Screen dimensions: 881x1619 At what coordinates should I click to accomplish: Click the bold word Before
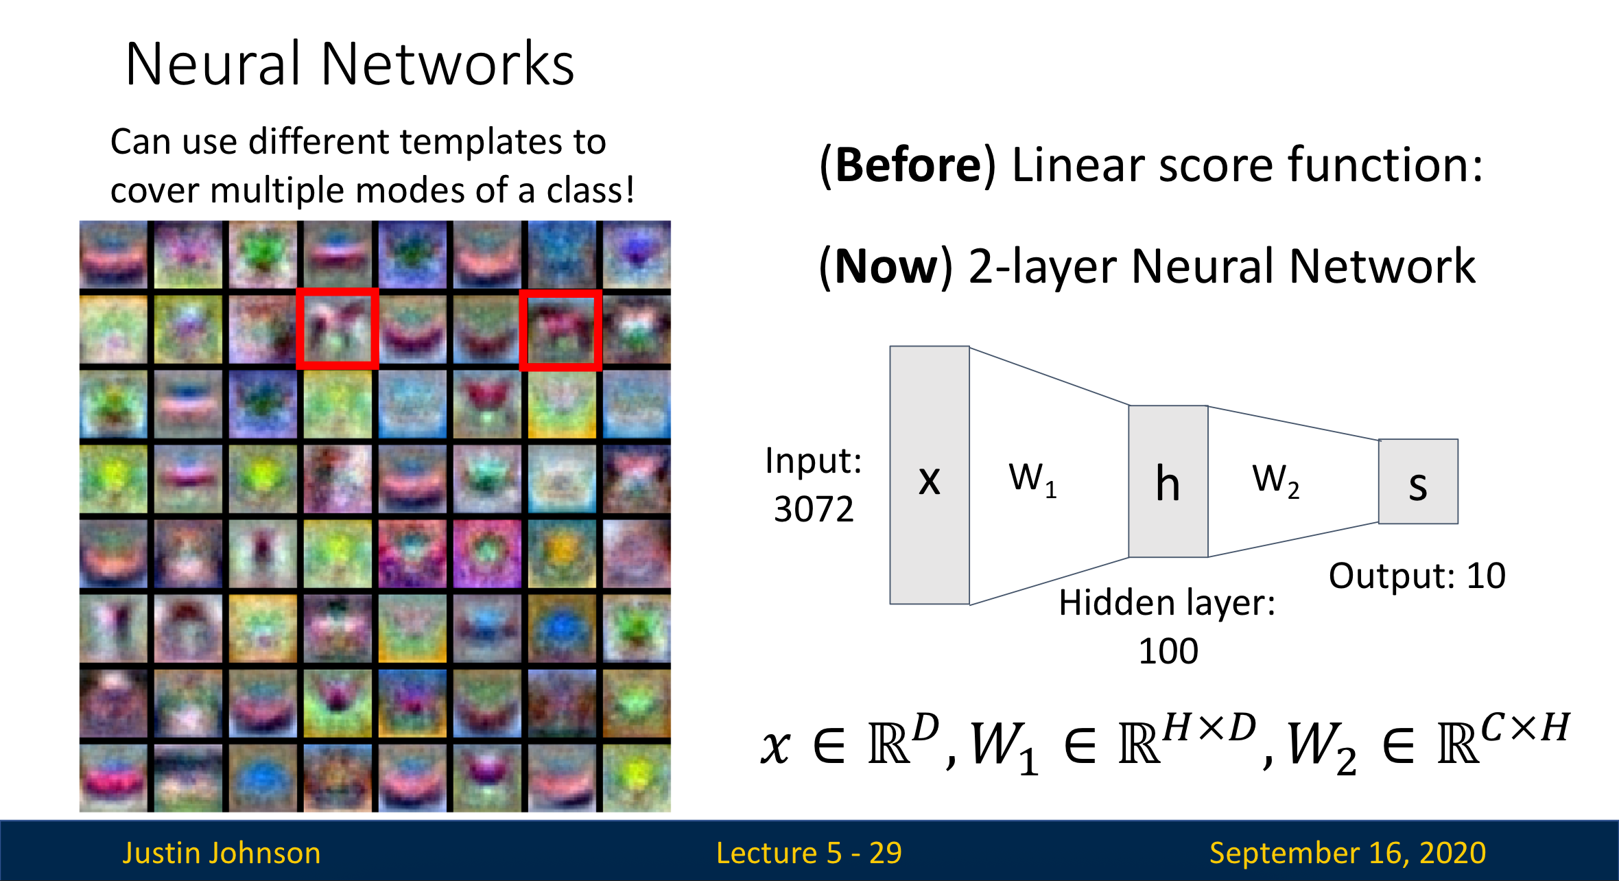click(908, 165)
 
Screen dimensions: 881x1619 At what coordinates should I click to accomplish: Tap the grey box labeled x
click(929, 475)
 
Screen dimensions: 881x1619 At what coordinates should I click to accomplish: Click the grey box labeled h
click(1168, 482)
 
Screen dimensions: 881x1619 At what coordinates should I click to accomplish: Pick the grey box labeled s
click(1418, 482)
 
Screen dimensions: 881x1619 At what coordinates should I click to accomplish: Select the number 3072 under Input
click(814, 509)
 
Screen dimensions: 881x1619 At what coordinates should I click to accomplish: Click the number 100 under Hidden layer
click(1168, 650)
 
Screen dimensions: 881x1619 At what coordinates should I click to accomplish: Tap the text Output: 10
click(1417, 576)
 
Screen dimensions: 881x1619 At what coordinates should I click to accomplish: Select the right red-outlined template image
click(560, 330)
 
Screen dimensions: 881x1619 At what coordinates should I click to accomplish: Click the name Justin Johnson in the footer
click(222, 853)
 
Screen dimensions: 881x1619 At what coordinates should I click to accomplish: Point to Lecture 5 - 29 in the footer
click(809, 853)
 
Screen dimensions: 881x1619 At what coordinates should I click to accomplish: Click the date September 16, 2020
click(1347, 853)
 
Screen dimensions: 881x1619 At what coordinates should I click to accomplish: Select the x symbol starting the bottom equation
click(775, 747)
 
